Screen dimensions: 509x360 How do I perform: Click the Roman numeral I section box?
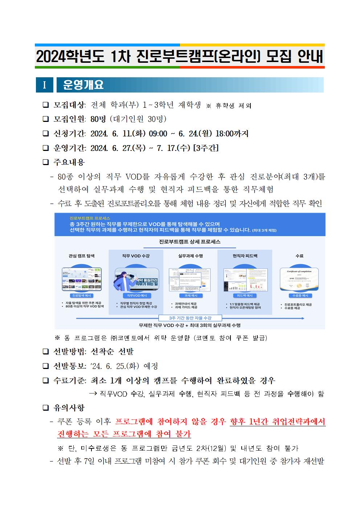click(x=44, y=85)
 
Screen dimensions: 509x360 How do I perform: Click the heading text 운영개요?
click(x=83, y=85)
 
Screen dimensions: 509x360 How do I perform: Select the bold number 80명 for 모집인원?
click(x=97, y=119)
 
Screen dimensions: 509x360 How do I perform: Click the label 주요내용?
click(x=69, y=162)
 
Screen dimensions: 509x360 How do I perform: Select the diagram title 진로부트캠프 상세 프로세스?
click(x=189, y=241)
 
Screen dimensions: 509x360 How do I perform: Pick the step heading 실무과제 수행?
click(x=190, y=256)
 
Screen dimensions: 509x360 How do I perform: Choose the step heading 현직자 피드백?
click(x=245, y=256)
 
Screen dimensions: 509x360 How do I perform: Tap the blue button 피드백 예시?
click(x=245, y=296)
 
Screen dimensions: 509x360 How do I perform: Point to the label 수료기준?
click(x=69, y=381)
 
